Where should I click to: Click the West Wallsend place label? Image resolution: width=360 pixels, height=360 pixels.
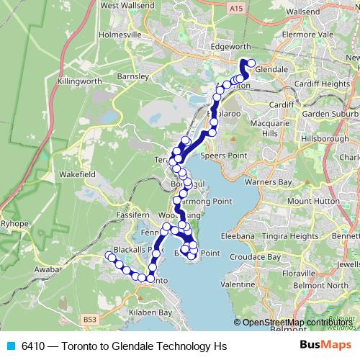pyautogui.click(x=129, y=6)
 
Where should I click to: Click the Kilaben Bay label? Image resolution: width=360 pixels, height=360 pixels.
pyautogui.click(x=147, y=313)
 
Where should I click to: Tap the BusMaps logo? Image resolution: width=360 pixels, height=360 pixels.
pyautogui.click(x=325, y=346)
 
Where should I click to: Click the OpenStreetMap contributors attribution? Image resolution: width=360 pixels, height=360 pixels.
pyautogui.click(x=295, y=323)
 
